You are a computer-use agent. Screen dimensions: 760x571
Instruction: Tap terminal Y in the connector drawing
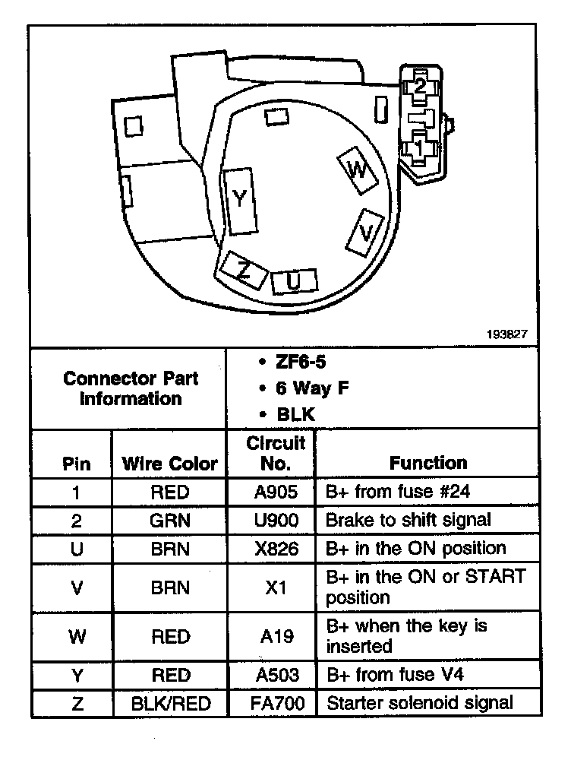[x=240, y=199]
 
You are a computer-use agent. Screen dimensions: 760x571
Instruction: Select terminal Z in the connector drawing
[x=242, y=270]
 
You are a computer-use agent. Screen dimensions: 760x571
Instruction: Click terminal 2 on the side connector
[x=419, y=87]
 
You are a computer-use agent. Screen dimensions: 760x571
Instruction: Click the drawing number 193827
[x=509, y=333]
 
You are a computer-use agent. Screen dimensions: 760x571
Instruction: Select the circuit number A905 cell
[x=271, y=492]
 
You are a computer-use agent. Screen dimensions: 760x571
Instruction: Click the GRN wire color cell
[x=169, y=520]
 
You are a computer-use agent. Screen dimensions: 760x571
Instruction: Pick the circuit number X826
[x=271, y=548]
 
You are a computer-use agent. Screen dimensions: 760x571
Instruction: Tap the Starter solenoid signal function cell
[x=420, y=703]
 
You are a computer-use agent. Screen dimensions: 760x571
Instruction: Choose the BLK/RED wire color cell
[x=169, y=703]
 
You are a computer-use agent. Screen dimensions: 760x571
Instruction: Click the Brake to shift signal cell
[x=409, y=520]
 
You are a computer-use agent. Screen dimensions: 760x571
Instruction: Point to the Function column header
[x=428, y=462]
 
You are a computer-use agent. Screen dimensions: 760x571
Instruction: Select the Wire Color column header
[x=169, y=463]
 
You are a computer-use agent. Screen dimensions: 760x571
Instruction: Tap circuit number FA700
[x=271, y=703]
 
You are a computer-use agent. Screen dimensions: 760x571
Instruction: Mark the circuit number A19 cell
[x=271, y=636]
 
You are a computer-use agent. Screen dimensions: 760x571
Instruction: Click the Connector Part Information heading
[x=131, y=388]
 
